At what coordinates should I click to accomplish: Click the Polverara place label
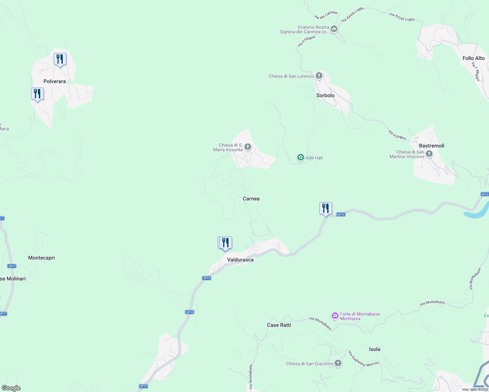[55, 81]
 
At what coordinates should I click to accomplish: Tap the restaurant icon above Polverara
[60, 59]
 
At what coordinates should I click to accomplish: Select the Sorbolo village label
[325, 95]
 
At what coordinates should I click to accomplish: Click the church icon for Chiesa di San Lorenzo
[319, 76]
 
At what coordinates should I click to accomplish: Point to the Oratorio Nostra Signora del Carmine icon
[334, 29]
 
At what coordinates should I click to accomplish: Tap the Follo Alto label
[473, 58]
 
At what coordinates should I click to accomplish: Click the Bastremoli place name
[431, 146]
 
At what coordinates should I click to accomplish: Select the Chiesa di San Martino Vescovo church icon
[429, 154]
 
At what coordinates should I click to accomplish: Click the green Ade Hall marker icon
[300, 158]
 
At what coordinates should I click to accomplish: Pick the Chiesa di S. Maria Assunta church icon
[248, 147]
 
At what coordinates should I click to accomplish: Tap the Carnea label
[251, 199]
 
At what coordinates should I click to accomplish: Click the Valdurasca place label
[240, 260]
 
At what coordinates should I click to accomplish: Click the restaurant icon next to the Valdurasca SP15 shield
[326, 208]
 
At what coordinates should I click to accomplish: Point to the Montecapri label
[42, 258]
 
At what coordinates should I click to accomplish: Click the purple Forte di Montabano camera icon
[335, 316]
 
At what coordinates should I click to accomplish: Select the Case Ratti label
[279, 325]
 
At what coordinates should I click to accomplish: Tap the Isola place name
[374, 349]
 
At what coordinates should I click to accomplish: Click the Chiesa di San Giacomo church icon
[338, 363]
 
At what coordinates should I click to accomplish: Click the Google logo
[11, 388]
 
